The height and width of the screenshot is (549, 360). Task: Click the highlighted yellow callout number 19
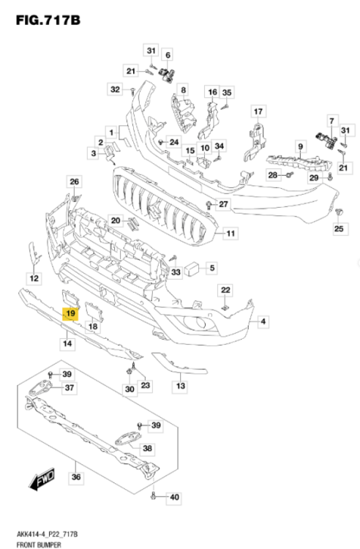click(x=70, y=315)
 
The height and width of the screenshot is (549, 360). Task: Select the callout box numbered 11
click(x=230, y=234)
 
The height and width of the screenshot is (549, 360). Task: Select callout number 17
click(x=258, y=111)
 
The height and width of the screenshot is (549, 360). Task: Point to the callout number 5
click(x=211, y=268)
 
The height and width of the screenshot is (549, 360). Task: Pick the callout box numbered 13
click(x=180, y=385)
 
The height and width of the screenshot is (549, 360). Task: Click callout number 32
click(x=115, y=89)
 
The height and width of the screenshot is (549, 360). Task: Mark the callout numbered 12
click(x=34, y=278)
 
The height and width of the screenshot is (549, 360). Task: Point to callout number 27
click(x=224, y=203)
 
